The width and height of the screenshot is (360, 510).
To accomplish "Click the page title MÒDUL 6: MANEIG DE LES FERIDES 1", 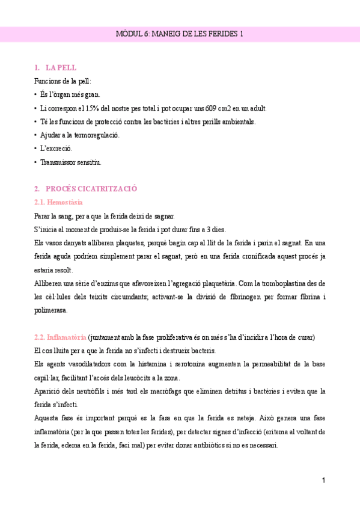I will tap(180, 34).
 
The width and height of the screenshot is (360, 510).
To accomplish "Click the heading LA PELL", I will tap(61, 68).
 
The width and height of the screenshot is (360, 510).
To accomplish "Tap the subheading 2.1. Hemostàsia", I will tap(59, 203).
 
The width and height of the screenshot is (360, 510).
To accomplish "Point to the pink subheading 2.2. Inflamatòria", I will tap(61, 337).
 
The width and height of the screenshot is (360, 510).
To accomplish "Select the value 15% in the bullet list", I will tap(93, 108).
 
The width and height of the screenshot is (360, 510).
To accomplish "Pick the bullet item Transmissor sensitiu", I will tap(70, 162).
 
